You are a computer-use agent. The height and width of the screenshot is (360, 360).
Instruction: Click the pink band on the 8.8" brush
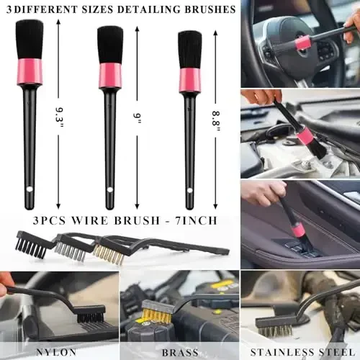[x=189, y=80]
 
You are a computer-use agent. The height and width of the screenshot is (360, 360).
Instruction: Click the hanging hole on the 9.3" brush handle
[x=30, y=189]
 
